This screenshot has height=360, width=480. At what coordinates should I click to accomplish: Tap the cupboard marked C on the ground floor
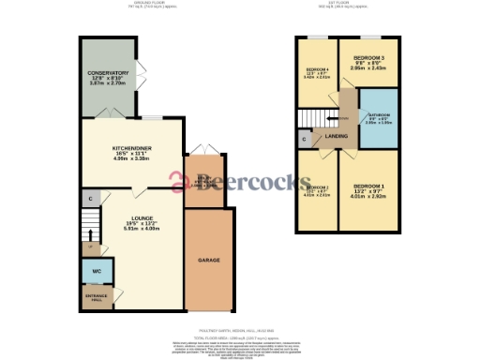click(89, 199)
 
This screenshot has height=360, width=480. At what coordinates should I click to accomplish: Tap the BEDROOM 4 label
click(316, 72)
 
